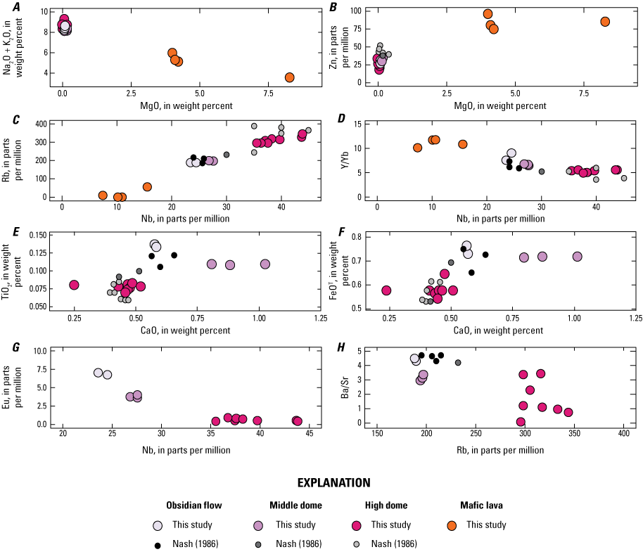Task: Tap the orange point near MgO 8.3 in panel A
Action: point(289,77)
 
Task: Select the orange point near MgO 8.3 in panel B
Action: point(605,22)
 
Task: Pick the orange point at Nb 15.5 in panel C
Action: point(147,187)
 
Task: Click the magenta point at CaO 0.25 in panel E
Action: point(74,285)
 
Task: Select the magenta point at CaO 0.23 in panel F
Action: point(386,290)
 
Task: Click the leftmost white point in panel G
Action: point(98,373)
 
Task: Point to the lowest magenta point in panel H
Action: point(521,422)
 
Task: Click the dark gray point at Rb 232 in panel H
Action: point(458,363)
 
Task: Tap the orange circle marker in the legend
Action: point(452,525)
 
